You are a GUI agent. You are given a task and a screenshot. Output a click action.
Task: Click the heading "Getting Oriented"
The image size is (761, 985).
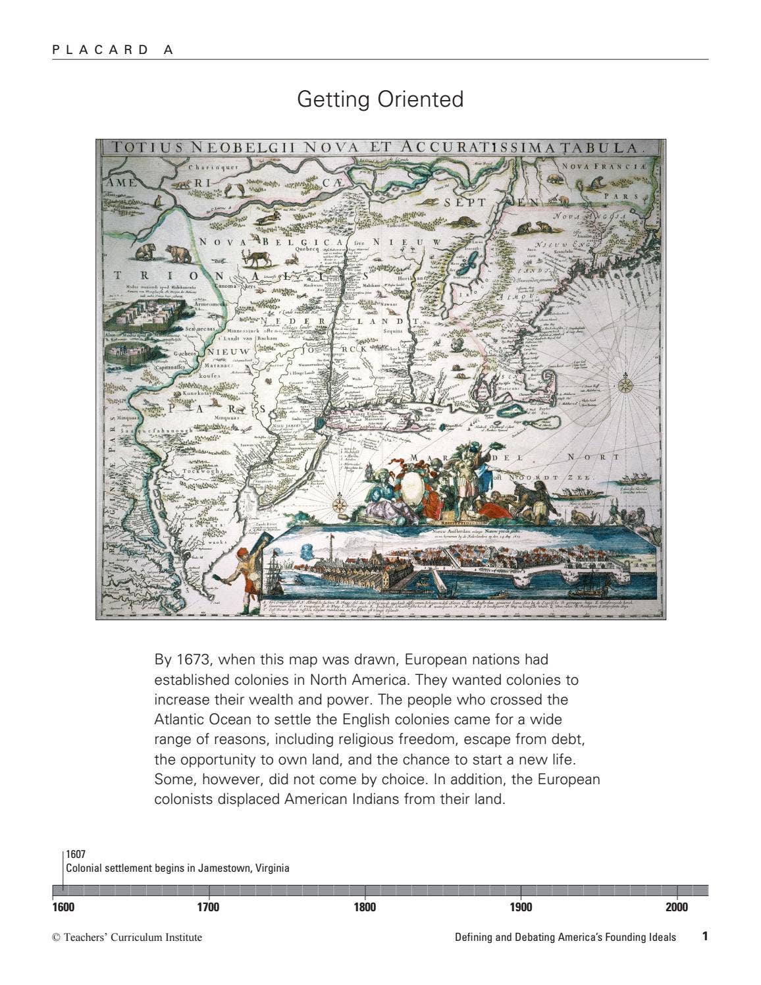click(380, 99)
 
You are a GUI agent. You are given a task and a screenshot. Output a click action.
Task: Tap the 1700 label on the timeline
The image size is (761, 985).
click(209, 907)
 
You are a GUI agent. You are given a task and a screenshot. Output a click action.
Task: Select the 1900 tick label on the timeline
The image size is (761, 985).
click(521, 907)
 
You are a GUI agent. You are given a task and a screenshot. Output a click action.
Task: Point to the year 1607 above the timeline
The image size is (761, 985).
click(76, 855)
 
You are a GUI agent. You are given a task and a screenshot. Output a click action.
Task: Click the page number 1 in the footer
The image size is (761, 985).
click(704, 936)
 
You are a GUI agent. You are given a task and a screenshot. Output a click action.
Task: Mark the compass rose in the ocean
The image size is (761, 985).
click(625, 385)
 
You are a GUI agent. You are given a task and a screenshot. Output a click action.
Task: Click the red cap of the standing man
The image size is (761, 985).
click(242, 552)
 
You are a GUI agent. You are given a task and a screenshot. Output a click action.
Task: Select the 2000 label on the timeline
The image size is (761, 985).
click(676, 907)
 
